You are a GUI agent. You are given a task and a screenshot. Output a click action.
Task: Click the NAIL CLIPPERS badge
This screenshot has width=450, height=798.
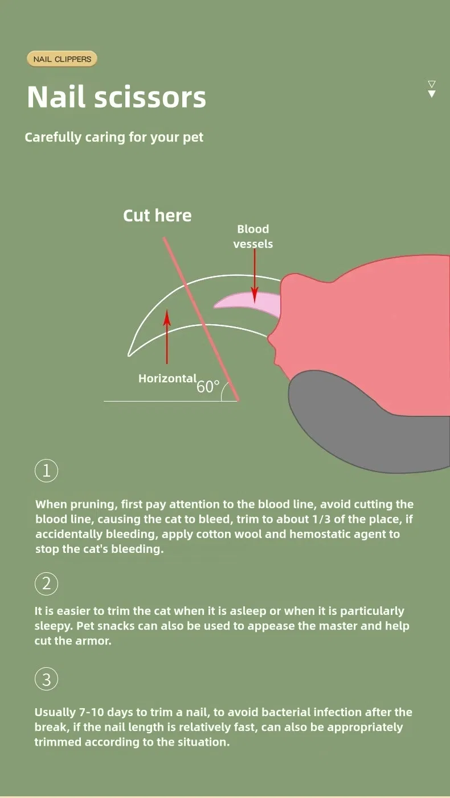click(x=62, y=59)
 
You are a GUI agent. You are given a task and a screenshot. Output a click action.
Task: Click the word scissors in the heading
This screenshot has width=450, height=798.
click(x=150, y=97)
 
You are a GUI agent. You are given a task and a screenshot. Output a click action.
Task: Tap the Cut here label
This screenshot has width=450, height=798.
click(x=157, y=216)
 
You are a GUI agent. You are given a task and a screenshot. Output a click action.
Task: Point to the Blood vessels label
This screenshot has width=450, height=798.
click(x=253, y=236)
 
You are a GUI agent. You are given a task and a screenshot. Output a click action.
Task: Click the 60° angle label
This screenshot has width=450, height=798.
click(x=208, y=387)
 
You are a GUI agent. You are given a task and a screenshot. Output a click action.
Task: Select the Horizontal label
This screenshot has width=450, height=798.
click(x=167, y=378)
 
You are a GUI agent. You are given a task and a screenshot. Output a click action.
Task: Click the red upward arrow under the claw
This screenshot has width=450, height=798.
click(x=167, y=337)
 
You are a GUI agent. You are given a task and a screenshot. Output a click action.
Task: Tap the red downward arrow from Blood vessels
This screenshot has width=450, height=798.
click(x=255, y=276)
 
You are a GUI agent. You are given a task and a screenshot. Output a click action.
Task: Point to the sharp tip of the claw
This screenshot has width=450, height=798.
click(x=129, y=355)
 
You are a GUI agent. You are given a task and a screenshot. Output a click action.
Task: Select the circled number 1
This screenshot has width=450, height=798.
click(x=46, y=470)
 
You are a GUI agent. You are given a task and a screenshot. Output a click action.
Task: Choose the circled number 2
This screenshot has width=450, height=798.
click(x=46, y=584)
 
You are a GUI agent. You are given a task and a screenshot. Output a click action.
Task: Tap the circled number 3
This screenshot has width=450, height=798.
click(x=46, y=679)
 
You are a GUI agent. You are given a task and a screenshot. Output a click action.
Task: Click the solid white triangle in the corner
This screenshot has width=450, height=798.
click(x=432, y=94)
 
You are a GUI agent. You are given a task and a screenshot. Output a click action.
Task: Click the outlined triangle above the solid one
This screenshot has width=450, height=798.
click(x=432, y=84)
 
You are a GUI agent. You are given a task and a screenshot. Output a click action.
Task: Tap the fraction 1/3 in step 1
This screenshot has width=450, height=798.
click(x=321, y=519)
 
